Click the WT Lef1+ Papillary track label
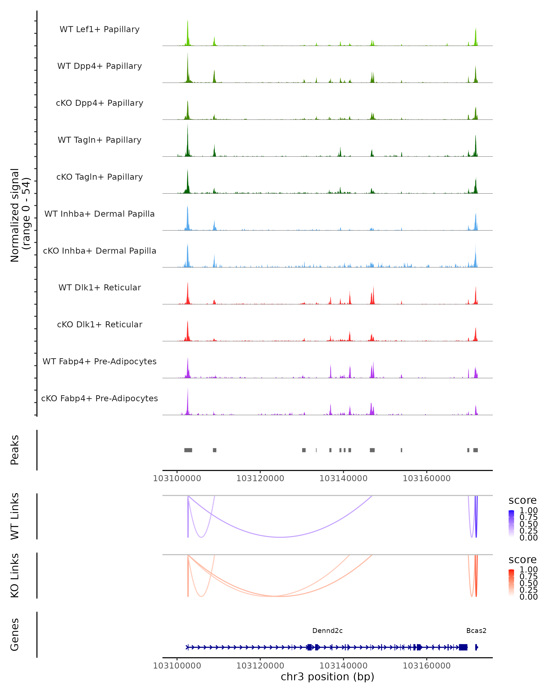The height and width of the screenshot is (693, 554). [x=99, y=29]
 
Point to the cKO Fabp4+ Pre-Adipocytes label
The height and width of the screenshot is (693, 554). [x=99, y=398]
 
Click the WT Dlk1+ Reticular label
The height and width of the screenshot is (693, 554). [x=99, y=287]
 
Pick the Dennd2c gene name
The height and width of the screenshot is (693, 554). [x=327, y=631]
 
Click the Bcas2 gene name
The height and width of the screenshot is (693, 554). [x=476, y=631]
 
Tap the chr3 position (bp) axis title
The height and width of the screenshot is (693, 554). [x=327, y=677]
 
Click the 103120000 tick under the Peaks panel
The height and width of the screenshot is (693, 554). [x=260, y=478]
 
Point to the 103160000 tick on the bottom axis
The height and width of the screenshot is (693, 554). [x=427, y=666]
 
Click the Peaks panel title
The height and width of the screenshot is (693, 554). [x=15, y=450]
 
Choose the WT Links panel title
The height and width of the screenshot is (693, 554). [x=15, y=516]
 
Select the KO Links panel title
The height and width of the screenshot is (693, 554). [x=15, y=576]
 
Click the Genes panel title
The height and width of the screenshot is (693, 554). [x=15, y=635]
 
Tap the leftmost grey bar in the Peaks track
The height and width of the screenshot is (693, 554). [x=188, y=450]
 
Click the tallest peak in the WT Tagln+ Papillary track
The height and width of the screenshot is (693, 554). [x=188, y=141]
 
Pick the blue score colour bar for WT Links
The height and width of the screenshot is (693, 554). [x=511, y=524]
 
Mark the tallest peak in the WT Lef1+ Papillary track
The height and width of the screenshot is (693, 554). [x=188, y=34]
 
